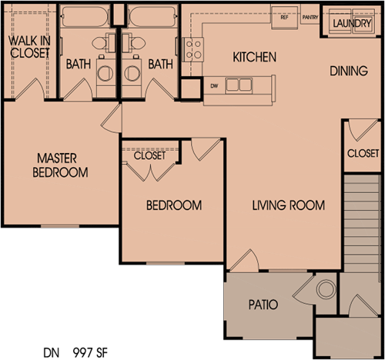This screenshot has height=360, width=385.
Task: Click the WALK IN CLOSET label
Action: coord(28,46)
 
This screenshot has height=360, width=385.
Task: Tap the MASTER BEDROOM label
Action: coord(61,165)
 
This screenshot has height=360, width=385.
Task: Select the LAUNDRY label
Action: coord(350,23)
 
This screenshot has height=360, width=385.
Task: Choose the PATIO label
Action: coord(263,305)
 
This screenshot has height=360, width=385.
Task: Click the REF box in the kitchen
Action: coord(284,16)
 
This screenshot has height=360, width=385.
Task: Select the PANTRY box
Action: coord(310,16)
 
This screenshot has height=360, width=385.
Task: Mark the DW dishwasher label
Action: coord(214,85)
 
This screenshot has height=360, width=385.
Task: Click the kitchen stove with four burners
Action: coord(194,49)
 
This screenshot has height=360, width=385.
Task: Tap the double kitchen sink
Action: coord(239,85)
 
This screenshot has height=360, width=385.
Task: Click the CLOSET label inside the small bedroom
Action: coord(149,155)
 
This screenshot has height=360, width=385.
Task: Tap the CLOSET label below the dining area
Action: coord(363,153)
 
